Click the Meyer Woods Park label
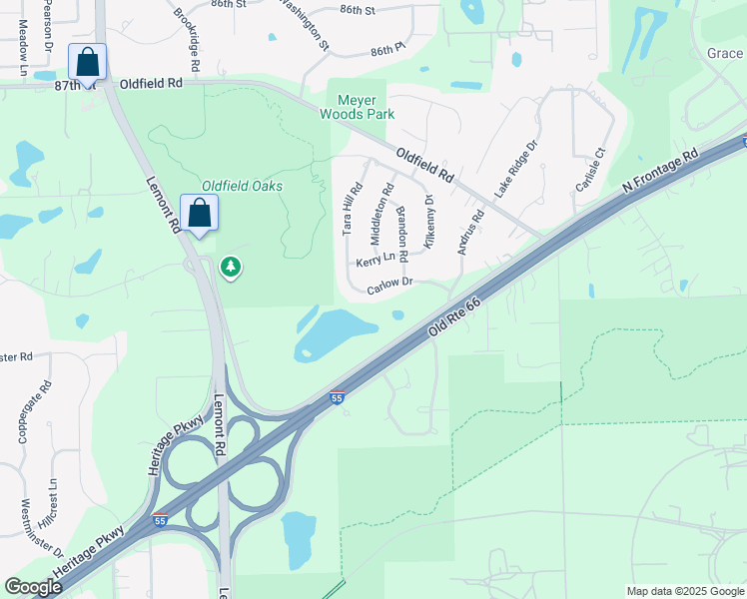(x=357, y=107)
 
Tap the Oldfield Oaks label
(x=242, y=186)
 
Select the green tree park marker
(x=231, y=267)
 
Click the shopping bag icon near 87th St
(x=88, y=62)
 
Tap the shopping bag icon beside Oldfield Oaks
(x=199, y=213)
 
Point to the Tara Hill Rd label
(x=351, y=209)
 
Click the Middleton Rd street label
(x=382, y=213)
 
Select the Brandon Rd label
(x=402, y=234)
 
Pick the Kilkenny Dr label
(x=429, y=222)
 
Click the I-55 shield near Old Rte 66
(x=338, y=397)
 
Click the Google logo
(x=33, y=587)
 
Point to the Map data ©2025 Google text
(x=685, y=591)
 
